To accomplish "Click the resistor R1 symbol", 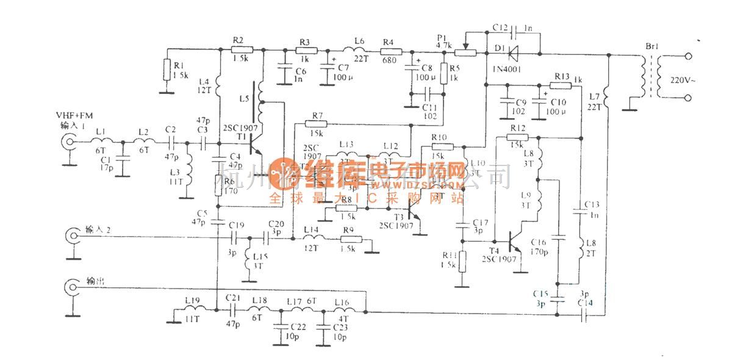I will coord(167,71).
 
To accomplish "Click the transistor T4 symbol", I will coord(512,242).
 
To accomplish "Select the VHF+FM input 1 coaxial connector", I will coord(70,144).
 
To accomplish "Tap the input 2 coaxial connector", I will coord(73,235).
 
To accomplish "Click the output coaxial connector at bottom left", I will coord(73,286).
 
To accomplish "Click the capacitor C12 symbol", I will coord(514,29).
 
